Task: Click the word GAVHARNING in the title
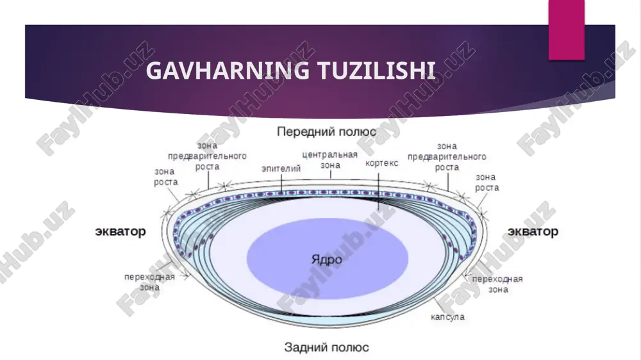pyautogui.click(x=228, y=70)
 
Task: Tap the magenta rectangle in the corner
pyautogui.click(x=566, y=30)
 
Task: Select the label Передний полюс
pyautogui.click(x=326, y=131)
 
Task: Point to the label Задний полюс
pyautogui.click(x=326, y=347)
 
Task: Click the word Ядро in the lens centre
pyautogui.click(x=327, y=259)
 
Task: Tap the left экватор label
pyautogui.click(x=121, y=231)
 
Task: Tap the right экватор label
pyautogui.click(x=533, y=231)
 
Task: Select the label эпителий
pyautogui.click(x=281, y=168)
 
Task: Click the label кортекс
pyautogui.click(x=381, y=163)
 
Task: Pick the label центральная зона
pyautogui.click(x=330, y=160)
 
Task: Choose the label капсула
pyautogui.click(x=447, y=316)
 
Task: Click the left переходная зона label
pyautogui.click(x=149, y=282)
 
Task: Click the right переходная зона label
pyautogui.click(x=497, y=284)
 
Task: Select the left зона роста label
pyautogui.click(x=165, y=177)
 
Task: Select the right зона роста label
pyautogui.click(x=487, y=183)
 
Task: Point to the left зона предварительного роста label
pyautogui.click(x=207, y=156)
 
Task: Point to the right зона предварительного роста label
pyautogui.click(x=447, y=156)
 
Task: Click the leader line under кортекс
pyautogui.click(x=379, y=192)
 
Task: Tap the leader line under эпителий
pyautogui.click(x=281, y=183)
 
